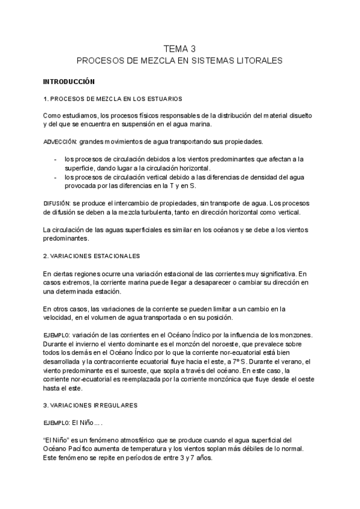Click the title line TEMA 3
pos(180,49)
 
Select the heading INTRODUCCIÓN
pos(69,81)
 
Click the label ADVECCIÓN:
pos(60,142)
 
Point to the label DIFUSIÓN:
pos(57,204)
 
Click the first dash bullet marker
pos(55,159)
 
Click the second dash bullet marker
pos(55,177)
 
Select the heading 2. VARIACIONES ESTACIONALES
pos(92,256)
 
